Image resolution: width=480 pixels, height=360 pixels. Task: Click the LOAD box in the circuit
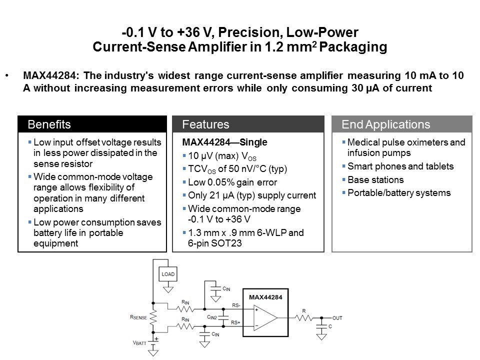(x=168, y=274)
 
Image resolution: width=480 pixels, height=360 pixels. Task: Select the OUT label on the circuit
(x=337, y=318)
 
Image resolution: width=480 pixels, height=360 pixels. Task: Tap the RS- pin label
(x=236, y=305)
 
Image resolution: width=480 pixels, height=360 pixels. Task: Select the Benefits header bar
(x=92, y=124)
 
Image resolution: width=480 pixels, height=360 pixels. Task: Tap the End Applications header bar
(x=402, y=124)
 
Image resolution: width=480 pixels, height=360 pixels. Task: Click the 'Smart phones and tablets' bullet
(x=400, y=166)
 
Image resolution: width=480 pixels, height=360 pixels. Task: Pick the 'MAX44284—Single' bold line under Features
(x=217, y=142)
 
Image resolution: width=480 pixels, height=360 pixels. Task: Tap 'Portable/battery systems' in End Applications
(x=398, y=193)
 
